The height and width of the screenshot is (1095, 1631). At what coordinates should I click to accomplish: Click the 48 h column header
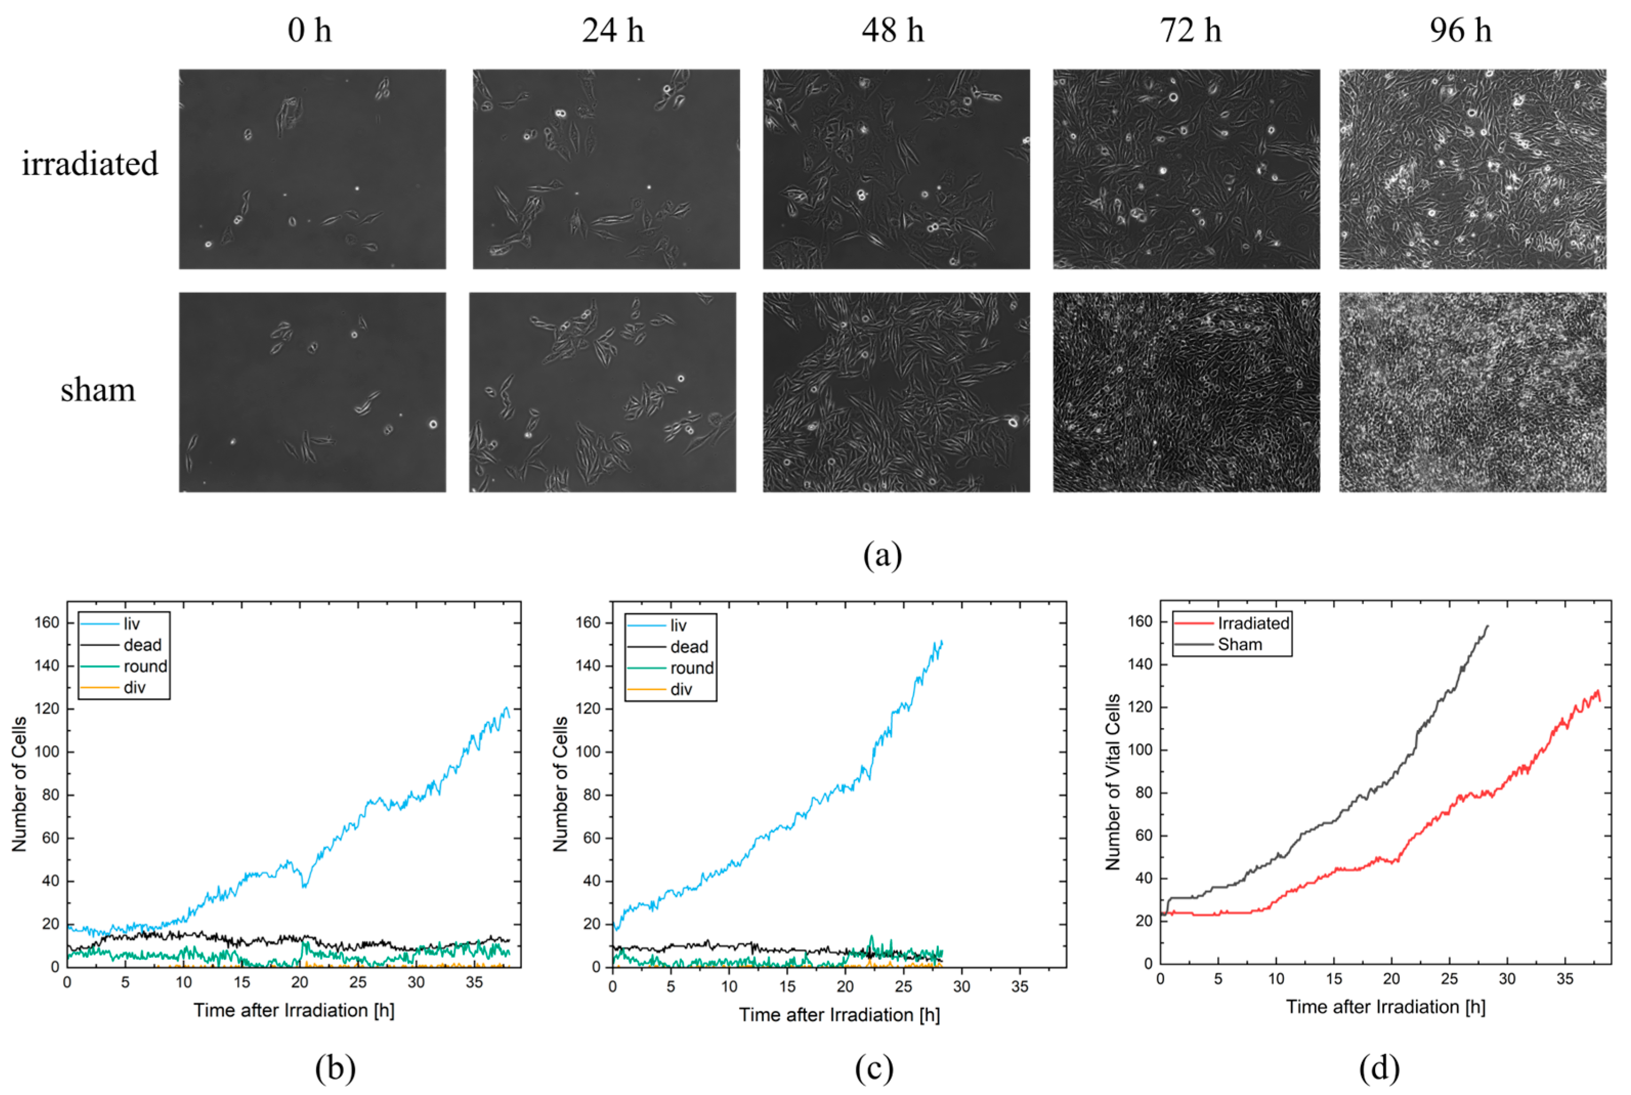(892, 31)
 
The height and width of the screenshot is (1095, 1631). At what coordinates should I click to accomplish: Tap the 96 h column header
(1460, 31)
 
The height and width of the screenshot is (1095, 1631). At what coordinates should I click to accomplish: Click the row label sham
(98, 390)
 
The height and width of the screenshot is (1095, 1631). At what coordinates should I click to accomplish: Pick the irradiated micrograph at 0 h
(312, 169)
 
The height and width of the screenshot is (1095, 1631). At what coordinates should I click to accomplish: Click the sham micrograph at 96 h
(1472, 392)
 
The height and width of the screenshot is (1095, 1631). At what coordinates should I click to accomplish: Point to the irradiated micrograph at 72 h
(1186, 169)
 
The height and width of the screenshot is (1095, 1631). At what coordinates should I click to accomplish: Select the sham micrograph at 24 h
(602, 392)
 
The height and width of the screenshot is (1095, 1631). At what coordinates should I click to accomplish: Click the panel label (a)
(883, 556)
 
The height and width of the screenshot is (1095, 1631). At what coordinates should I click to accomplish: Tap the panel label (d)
(1379, 1068)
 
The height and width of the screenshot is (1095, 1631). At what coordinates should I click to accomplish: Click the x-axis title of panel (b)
(294, 1011)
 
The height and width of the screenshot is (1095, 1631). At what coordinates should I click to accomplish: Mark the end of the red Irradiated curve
(1600, 700)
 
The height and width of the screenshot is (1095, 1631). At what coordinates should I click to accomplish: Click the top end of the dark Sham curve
(1488, 626)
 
